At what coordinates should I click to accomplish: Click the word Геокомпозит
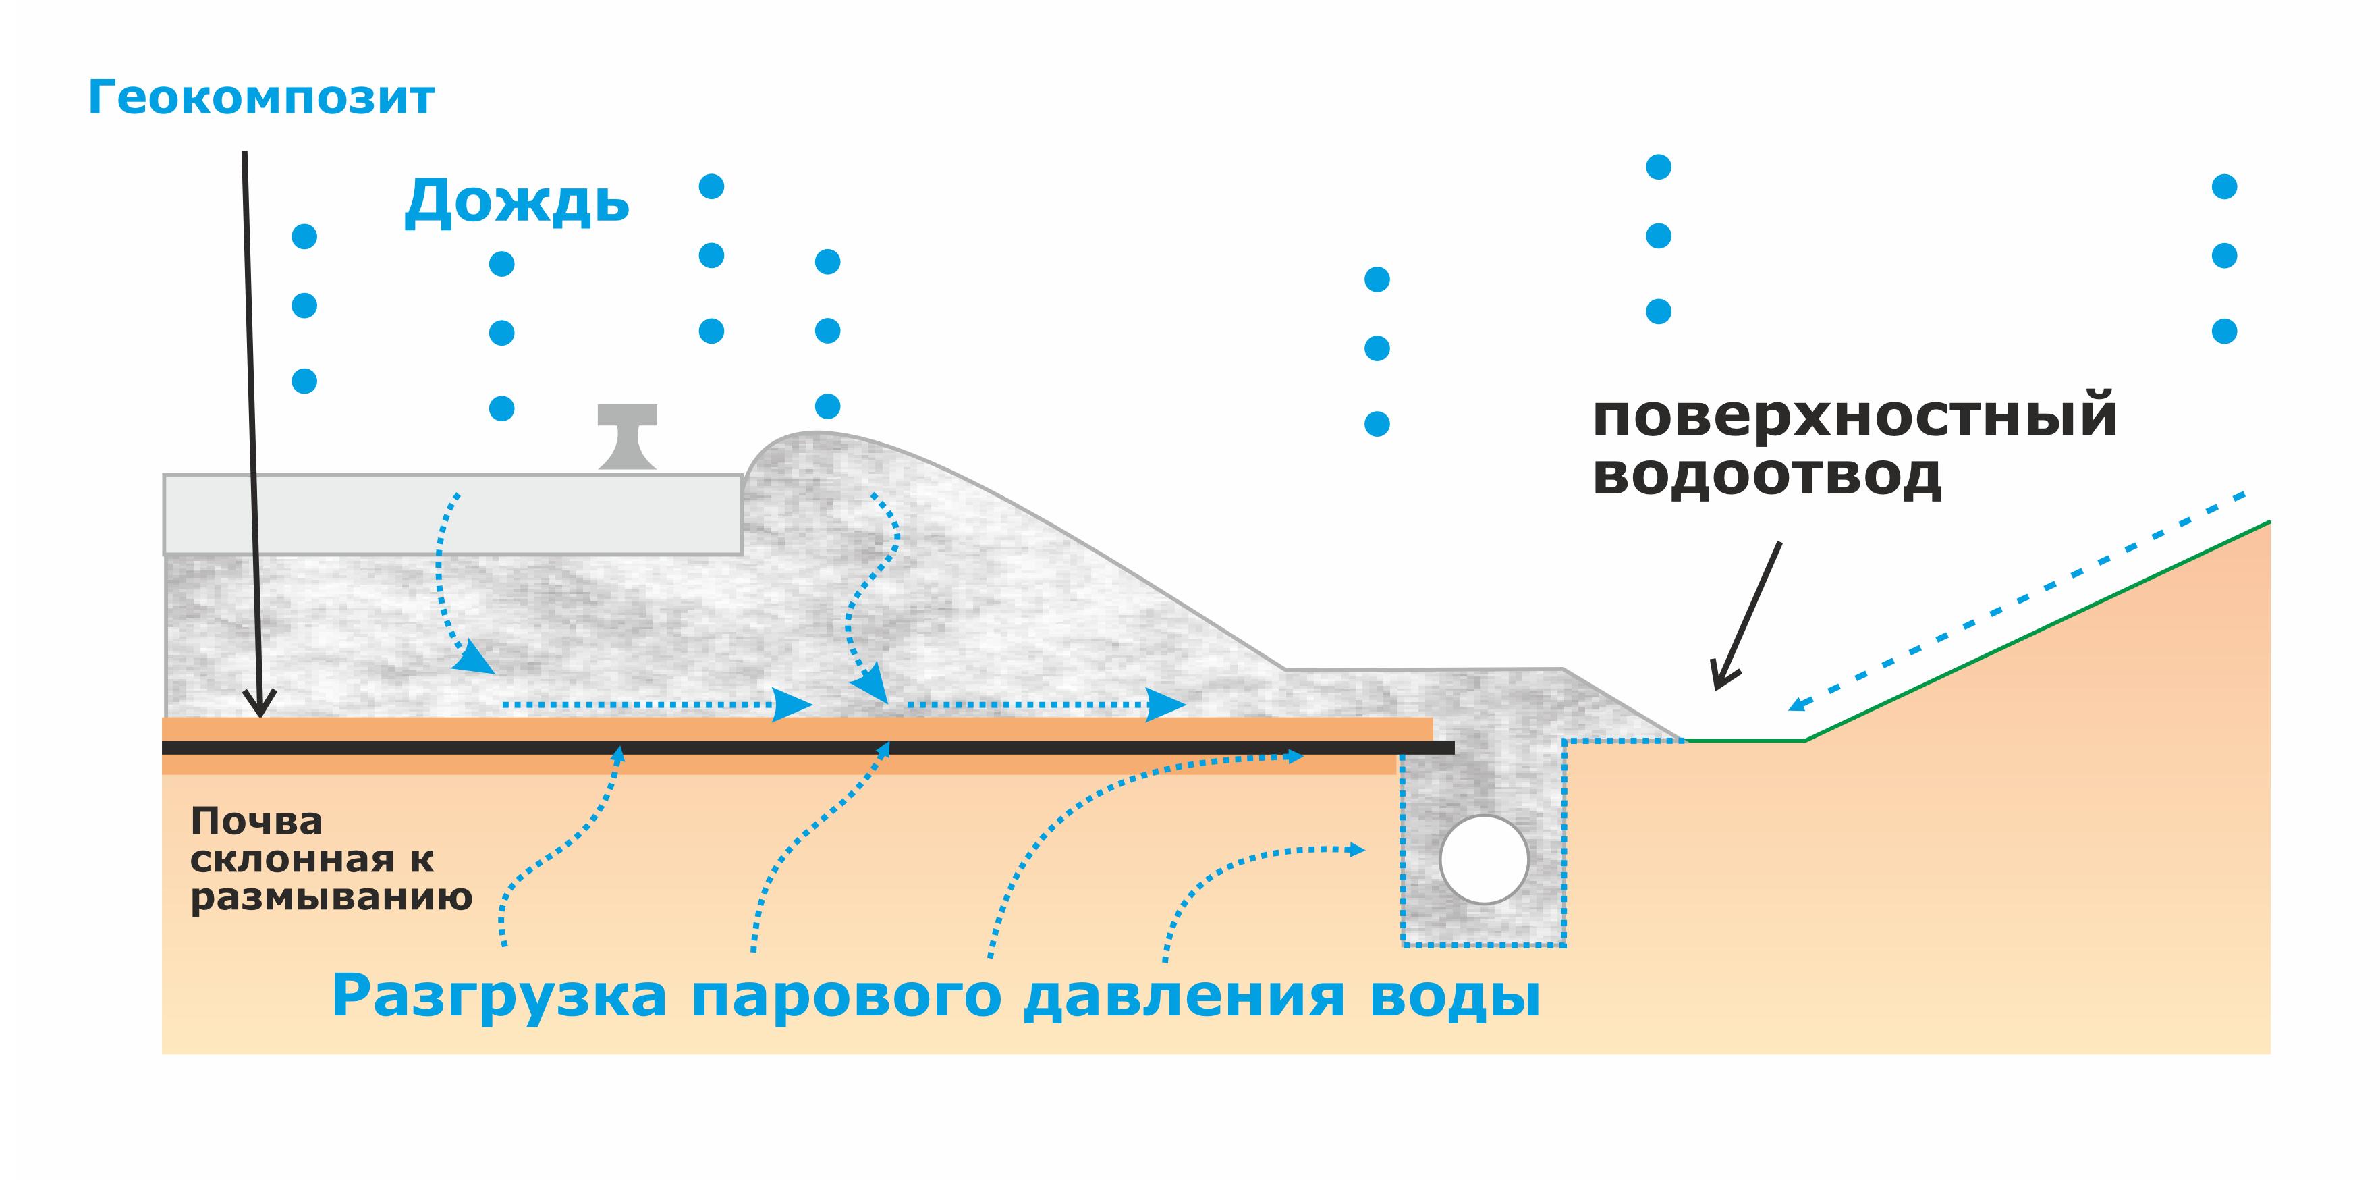(260, 98)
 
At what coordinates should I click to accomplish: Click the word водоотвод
(1767, 476)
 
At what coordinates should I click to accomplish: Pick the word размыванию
(331, 897)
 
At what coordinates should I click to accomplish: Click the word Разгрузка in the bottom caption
(499, 996)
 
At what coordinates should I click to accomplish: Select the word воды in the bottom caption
(1454, 996)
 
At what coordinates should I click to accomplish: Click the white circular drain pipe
(1484, 859)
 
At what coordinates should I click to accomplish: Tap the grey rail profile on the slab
(628, 436)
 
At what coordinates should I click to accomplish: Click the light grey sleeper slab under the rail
(453, 514)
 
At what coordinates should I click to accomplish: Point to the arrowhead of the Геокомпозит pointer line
(260, 707)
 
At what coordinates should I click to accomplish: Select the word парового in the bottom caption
(846, 996)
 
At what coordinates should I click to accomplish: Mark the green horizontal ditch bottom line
(1744, 740)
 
